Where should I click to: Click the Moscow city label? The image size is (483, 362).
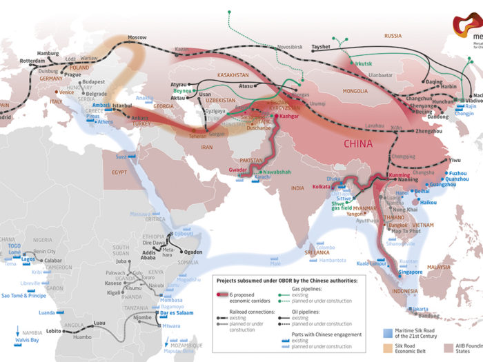tap(138, 37)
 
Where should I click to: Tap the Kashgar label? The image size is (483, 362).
tap(290, 117)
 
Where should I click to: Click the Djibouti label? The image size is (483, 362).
tap(184, 234)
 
